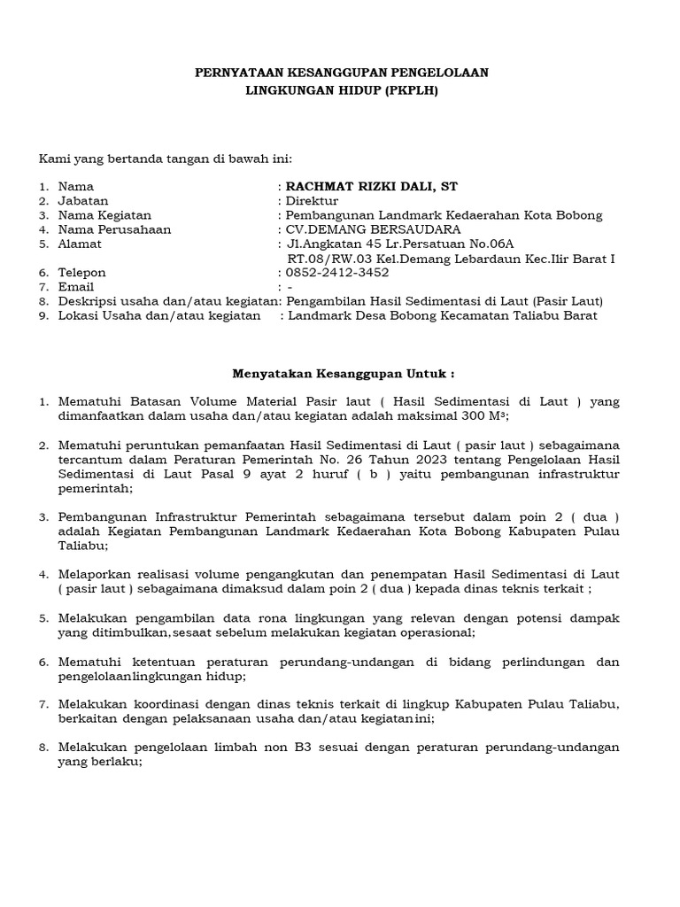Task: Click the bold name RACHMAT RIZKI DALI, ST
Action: click(370, 186)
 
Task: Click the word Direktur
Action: click(311, 201)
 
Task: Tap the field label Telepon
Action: click(81, 273)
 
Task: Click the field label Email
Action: click(75, 287)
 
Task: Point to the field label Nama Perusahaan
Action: click(114, 229)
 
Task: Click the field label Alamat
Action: click(80, 244)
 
